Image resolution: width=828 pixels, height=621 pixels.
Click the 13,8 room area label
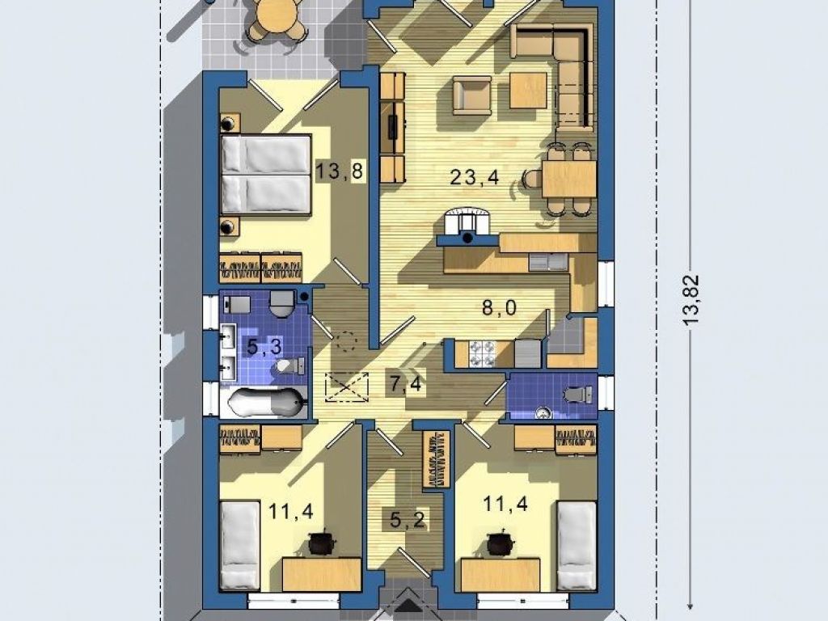[x=340, y=171]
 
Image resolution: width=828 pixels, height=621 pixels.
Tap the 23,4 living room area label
[x=474, y=177]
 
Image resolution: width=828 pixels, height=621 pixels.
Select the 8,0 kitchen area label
[x=499, y=307]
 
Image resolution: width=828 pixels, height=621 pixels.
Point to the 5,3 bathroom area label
[x=264, y=348]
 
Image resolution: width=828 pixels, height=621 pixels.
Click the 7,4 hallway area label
[x=406, y=384]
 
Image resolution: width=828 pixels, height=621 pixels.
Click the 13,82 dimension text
[x=691, y=300]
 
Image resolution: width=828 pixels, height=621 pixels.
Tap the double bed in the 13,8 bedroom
[x=265, y=175]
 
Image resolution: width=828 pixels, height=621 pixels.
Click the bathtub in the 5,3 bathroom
[x=267, y=403]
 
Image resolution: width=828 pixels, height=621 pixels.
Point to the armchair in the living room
[x=472, y=95]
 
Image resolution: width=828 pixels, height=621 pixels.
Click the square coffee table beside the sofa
[x=528, y=90]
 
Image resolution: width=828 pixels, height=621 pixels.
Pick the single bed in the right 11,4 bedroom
[x=577, y=546]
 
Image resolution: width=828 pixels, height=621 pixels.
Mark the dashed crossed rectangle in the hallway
[x=348, y=387]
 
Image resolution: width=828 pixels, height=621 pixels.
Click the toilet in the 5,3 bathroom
[x=290, y=365]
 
